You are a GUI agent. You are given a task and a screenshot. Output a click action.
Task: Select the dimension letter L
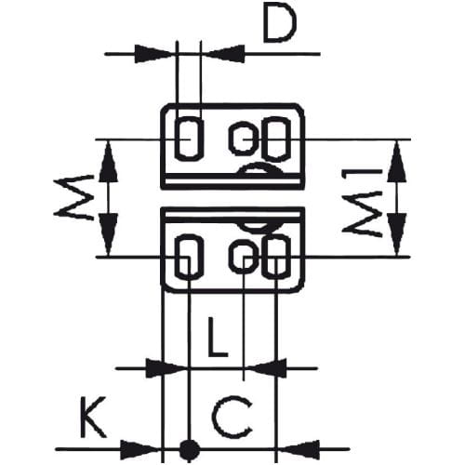click(218, 337)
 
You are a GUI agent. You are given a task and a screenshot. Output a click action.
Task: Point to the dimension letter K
click(93, 417)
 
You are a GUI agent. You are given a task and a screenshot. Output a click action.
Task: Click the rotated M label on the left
click(73, 198)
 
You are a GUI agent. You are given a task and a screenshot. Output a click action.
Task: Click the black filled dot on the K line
click(190, 448)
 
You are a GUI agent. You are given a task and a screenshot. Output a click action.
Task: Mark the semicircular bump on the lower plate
click(259, 229)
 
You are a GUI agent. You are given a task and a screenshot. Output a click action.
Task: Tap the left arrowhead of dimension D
click(153, 54)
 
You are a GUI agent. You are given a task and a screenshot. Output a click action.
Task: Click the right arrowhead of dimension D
click(226, 54)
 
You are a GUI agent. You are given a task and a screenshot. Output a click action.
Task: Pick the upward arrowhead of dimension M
click(108, 161)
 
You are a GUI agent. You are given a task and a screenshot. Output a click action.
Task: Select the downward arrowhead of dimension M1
click(396, 234)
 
